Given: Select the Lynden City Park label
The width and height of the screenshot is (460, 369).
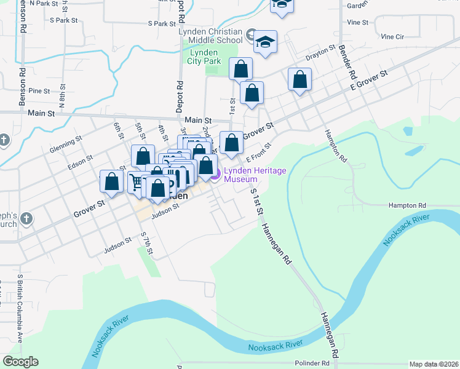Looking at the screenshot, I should pyautogui.click(x=204, y=57).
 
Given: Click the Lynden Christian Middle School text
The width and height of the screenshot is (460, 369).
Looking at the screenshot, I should pyautogui.click(x=211, y=36).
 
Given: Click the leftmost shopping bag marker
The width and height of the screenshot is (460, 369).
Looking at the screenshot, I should pyautogui.click(x=111, y=181).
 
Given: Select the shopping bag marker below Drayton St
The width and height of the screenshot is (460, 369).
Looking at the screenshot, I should pyautogui.click(x=299, y=79).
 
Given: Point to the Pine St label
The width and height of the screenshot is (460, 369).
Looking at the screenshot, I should pyautogui.click(x=39, y=91).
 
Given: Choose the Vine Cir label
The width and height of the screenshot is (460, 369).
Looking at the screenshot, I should pyautogui.click(x=392, y=37).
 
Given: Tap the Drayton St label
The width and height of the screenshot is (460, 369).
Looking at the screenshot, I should pyautogui.click(x=321, y=51).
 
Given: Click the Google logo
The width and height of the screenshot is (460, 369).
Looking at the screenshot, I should pyautogui.click(x=20, y=362).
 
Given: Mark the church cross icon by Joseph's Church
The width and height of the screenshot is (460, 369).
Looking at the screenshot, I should pyautogui.click(x=26, y=218).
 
